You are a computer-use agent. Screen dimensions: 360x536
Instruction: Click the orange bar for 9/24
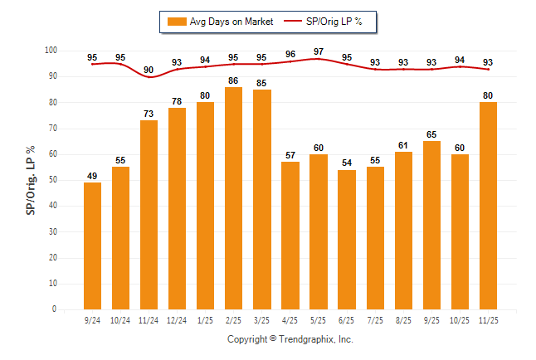coord(92,246)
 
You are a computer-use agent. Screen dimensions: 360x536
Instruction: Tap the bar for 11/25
coord(488,206)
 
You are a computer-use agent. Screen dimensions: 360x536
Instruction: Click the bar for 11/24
coord(149,215)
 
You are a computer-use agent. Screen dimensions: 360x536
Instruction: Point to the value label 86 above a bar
coord(233,80)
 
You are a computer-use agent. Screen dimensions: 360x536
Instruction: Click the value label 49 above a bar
coord(92,176)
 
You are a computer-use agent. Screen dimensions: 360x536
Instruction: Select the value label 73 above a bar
coord(149,114)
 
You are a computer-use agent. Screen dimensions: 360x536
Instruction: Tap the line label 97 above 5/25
coord(319,51)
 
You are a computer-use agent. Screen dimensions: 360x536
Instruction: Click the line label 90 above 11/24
coord(149,70)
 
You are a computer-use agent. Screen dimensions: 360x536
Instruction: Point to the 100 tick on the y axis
coord(50,51)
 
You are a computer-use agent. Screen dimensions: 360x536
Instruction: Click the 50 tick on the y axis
coord(51,180)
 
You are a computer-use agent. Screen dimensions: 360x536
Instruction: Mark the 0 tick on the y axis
coord(54,309)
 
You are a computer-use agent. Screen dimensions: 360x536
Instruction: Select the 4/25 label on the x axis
coord(290,320)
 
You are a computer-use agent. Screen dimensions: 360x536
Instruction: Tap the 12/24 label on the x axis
coord(177,320)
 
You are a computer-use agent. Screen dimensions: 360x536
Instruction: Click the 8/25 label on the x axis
coord(403,320)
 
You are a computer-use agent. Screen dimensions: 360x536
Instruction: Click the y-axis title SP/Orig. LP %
coord(31,180)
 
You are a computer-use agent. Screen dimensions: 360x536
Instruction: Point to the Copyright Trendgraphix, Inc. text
coord(290,339)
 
